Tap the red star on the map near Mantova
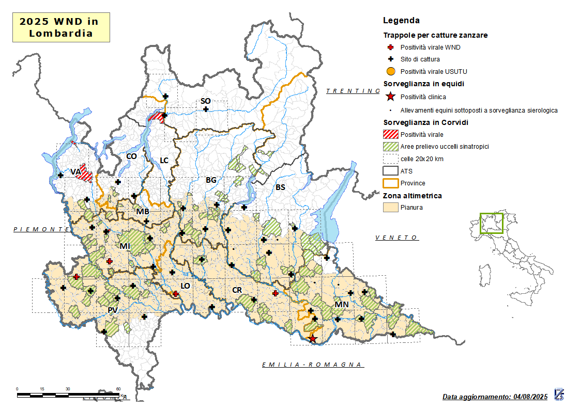coord(312,339)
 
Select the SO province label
coord(205,101)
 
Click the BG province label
coord(211,180)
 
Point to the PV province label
coord(113,310)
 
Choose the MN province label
coord(342,305)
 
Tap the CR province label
coord(237,290)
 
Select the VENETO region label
coord(396,238)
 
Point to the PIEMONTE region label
coord(41,229)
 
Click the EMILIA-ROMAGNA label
coord(312,365)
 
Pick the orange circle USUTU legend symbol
coord(391,72)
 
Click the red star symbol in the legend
coord(391,97)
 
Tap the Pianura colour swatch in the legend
coord(391,208)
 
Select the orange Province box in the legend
coord(391,183)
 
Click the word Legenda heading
coord(401,21)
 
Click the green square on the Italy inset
coord(491,223)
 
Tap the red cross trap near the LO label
coord(176,294)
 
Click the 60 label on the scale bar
coord(118,389)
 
